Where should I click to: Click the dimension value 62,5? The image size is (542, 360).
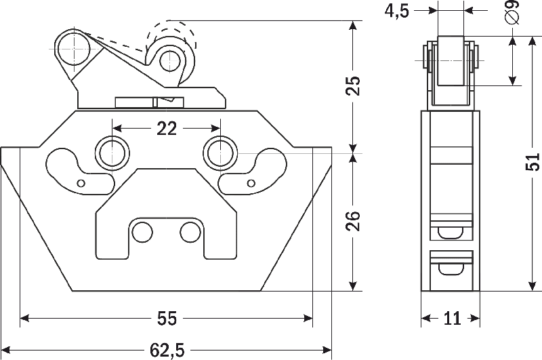[166, 350]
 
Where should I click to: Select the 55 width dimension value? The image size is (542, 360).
[166, 317]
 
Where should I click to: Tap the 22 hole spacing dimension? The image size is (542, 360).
[166, 127]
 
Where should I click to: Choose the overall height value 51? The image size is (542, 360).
[532, 163]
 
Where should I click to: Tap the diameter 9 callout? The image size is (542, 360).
[512, 13]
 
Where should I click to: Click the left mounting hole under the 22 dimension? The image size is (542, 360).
[112, 153]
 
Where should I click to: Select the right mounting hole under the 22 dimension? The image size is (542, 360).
[220, 153]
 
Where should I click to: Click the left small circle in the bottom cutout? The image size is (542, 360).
[142, 232]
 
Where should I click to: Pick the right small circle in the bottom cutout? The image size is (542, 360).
[190, 232]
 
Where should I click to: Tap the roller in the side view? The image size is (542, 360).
[451, 60]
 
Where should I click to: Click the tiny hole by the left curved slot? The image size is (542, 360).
[81, 183]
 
